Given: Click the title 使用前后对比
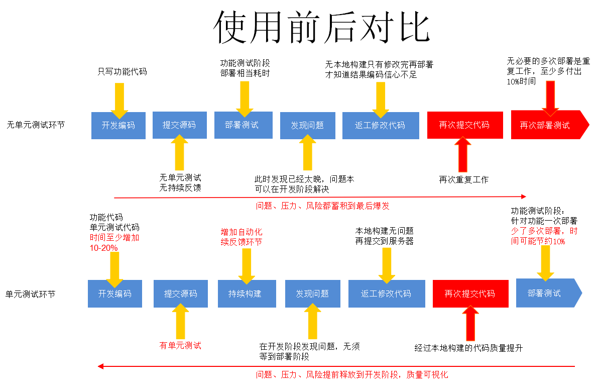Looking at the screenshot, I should pyautogui.click(x=322, y=28).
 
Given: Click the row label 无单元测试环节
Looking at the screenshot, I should pyautogui.click(x=36, y=125).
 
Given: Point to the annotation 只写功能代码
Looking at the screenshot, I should pyautogui.click(x=122, y=72).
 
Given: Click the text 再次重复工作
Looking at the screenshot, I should pyautogui.click(x=463, y=179).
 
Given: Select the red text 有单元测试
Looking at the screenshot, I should pyautogui.click(x=180, y=345).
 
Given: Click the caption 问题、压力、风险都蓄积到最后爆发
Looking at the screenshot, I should pyautogui.click(x=322, y=206).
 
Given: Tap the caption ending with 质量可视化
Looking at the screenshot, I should pyautogui.click(x=351, y=374).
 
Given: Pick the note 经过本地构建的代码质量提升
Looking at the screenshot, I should pyautogui.click(x=468, y=348).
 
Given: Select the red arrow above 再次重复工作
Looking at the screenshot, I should pyautogui.click(x=463, y=155).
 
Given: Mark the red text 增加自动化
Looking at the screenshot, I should pyautogui.click(x=242, y=232).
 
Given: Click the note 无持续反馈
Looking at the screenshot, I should pyautogui.click(x=180, y=187).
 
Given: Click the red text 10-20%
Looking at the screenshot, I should pyautogui.click(x=104, y=248).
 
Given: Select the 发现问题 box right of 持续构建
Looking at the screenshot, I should pyautogui.click(x=312, y=294).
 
